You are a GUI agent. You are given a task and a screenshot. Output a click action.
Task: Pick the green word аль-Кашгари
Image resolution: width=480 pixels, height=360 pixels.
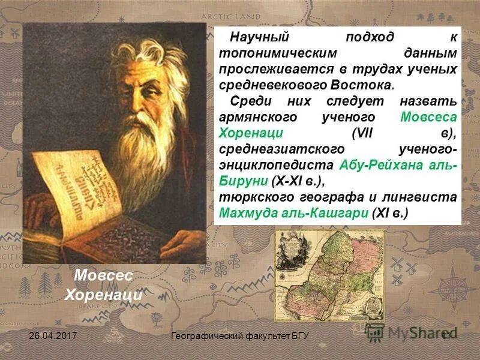coord(328,212)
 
